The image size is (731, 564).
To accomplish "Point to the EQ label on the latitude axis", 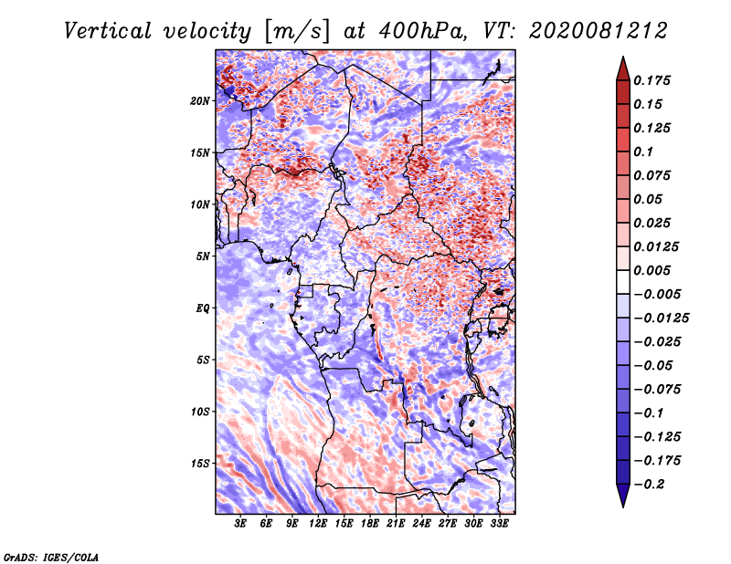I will [202, 308].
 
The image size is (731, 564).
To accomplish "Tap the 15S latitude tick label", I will [200, 464].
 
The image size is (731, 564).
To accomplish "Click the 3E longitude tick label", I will [241, 524].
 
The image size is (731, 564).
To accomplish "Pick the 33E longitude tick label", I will [499, 524].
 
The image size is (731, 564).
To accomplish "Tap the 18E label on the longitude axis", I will [369, 524].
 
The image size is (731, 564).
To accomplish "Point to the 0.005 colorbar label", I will [654, 271].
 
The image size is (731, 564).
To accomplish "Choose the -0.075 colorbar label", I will [658, 390].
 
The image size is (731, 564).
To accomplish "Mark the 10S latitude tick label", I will [200, 412].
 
